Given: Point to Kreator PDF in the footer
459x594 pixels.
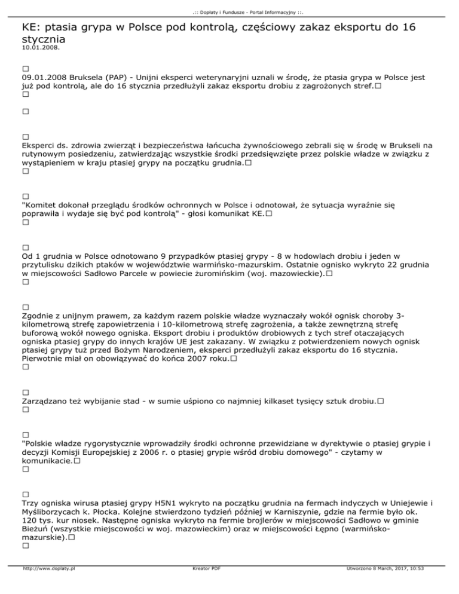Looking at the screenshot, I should pyautogui.click(x=200, y=586).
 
